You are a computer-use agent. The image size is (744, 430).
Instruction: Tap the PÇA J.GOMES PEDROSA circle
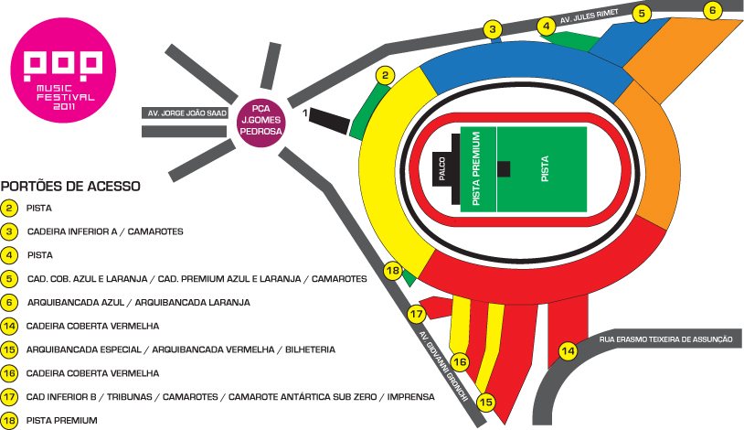coord(260,119)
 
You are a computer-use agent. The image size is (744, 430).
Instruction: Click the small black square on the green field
coord(504,168)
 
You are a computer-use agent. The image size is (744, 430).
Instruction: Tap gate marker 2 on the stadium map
coord(387,76)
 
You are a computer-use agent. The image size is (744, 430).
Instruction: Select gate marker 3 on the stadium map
coord(494,30)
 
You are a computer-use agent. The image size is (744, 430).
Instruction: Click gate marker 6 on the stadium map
coord(714,10)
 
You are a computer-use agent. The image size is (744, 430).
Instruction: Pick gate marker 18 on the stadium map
coord(393,272)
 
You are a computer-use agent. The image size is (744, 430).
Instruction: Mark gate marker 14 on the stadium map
coord(569,350)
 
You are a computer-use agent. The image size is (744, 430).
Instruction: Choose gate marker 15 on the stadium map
coord(486,401)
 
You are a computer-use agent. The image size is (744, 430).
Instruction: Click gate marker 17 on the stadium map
coord(417,314)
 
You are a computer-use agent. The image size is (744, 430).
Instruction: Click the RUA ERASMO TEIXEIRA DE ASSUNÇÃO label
coord(666,339)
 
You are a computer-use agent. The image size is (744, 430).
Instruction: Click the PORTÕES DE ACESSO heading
coord(71,186)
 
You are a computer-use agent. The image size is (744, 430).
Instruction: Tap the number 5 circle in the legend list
coord(10,278)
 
